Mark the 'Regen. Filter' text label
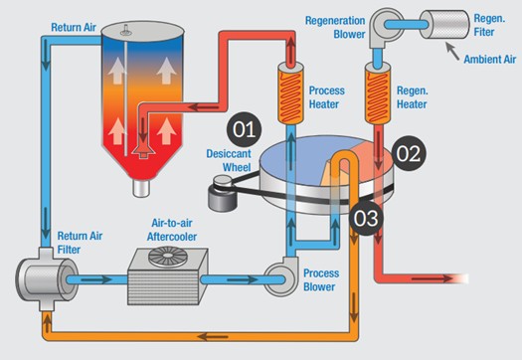pos(491,19)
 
